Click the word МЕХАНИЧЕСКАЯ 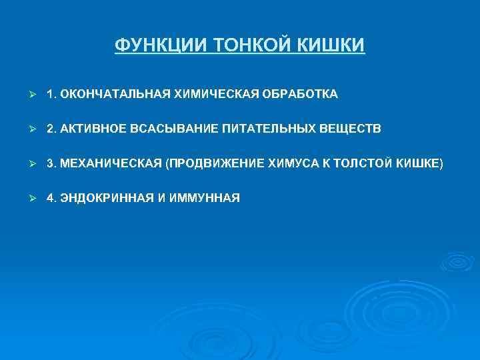coord(109,163)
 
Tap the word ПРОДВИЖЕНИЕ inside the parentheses coord(213,163)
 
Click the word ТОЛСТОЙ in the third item coord(365,163)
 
